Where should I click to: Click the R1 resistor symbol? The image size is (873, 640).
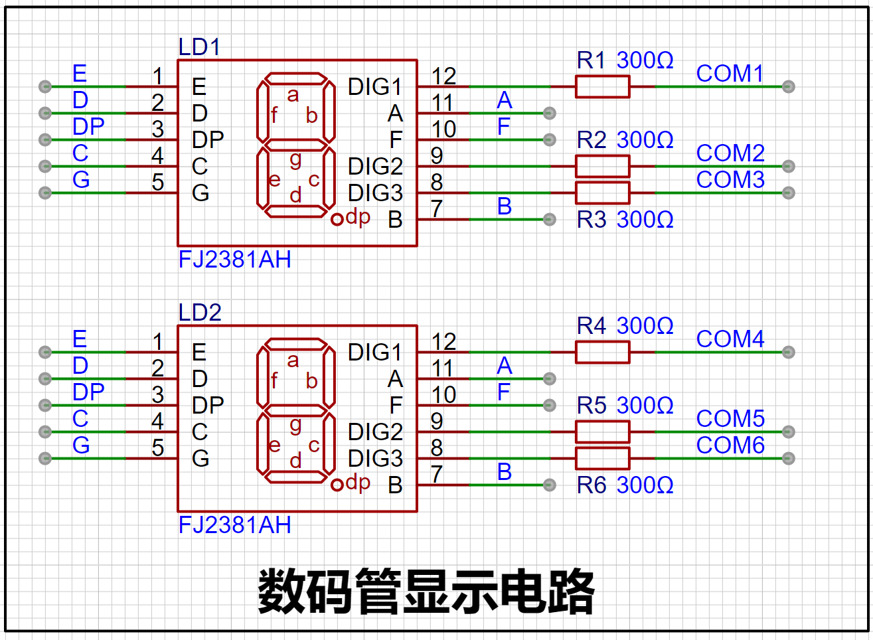point(602,86)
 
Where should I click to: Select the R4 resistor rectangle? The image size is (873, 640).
point(602,352)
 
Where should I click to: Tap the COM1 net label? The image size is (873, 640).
point(730,74)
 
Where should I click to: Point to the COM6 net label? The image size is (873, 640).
point(730,445)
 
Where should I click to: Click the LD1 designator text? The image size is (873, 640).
point(199,47)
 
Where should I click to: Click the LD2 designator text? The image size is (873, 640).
point(199,313)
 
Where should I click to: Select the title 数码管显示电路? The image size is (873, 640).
point(426,591)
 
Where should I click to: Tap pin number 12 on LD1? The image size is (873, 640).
point(443,76)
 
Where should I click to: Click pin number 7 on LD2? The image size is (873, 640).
point(436,475)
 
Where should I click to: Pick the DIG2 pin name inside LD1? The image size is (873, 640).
point(375,166)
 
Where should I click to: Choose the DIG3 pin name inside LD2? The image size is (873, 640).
point(375,458)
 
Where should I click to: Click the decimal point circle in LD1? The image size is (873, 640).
point(337,218)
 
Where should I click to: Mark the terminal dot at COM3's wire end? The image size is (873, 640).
point(788,193)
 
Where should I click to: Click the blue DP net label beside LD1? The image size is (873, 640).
point(88,127)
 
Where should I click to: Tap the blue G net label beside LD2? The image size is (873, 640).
point(81,445)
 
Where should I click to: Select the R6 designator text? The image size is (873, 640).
point(592,485)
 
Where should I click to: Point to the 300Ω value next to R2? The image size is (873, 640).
point(645,140)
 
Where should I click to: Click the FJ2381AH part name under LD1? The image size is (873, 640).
point(234,260)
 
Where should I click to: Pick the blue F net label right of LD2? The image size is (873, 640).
point(504,392)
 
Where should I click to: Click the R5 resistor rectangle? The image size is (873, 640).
point(602,432)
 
